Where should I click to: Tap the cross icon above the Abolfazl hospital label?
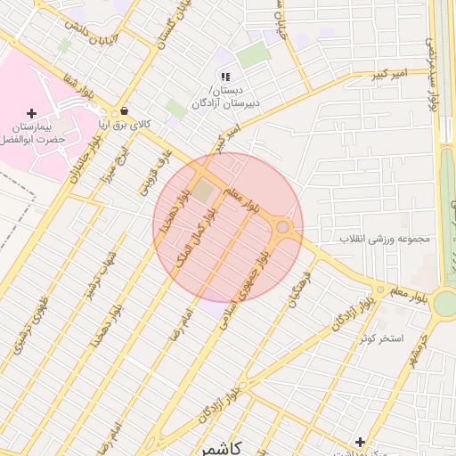(x=32, y=113)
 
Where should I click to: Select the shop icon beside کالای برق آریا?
(x=122, y=112)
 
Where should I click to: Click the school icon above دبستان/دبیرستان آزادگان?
(x=226, y=77)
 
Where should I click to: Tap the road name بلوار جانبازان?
(x=84, y=160)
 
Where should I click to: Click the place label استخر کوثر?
(x=382, y=339)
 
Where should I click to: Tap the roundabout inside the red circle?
(x=283, y=228)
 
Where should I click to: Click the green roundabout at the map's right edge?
(x=444, y=304)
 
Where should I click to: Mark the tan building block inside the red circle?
(x=204, y=191)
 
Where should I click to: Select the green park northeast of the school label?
(x=253, y=55)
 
